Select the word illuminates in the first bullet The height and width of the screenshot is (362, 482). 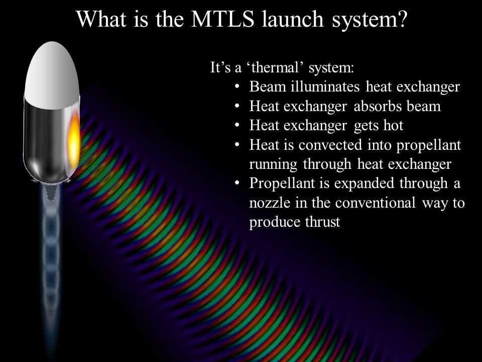pos(325,86)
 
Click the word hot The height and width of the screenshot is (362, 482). pos(393,125)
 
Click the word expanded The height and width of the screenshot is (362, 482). pos(364,183)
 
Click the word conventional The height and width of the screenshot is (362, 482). pos(376,203)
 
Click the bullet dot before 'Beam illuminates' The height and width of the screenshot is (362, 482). pos(236,87)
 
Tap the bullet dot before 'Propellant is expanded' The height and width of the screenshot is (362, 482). pos(236,184)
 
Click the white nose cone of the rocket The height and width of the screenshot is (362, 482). pos(52,75)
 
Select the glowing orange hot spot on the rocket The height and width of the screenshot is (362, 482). pos(74,141)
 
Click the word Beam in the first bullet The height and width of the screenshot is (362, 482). pos(267,86)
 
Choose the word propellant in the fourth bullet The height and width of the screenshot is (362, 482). pos(428,145)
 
